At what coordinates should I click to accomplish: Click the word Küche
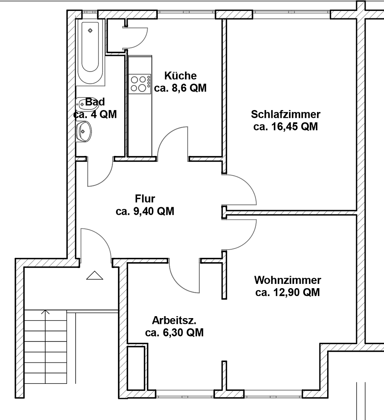click(x=180, y=75)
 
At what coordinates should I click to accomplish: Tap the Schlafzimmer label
click(x=285, y=114)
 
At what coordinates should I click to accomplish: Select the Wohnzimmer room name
click(x=287, y=280)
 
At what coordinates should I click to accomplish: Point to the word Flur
click(x=145, y=199)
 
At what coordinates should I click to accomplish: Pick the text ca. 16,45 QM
click(x=285, y=127)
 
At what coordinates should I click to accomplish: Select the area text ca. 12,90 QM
click(x=287, y=292)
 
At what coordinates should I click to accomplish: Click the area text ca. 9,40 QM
click(x=145, y=212)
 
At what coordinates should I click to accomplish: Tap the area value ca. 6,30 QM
click(x=174, y=333)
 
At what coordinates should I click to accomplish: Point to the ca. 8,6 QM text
click(x=180, y=88)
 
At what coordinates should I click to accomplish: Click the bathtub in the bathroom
click(x=90, y=51)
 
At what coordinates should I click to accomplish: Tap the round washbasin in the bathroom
click(x=84, y=131)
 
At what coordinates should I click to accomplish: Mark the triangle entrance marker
click(x=94, y=276)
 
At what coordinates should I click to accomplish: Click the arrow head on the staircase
click(x=46, y=311)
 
